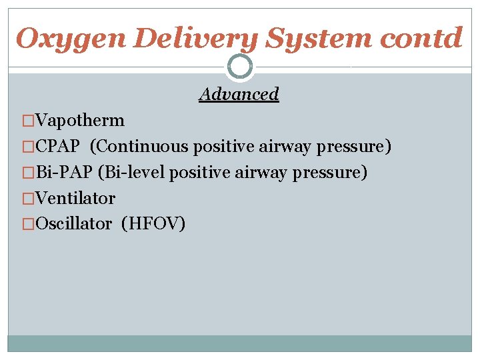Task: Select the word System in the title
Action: pos(319,38)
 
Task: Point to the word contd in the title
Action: pos(421,38)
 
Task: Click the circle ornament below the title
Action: pos(240,66)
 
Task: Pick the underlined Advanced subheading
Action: pos(239,94)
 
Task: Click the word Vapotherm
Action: pos(80,121)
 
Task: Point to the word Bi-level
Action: pos(131,173)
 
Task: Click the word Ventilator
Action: pos(75,199)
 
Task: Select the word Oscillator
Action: pos(74,224)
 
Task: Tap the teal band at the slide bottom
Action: pos(240,343)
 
